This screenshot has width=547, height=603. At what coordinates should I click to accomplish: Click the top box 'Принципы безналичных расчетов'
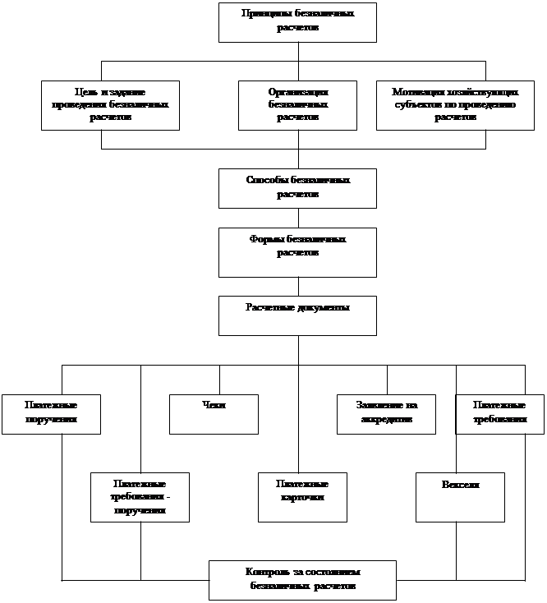(x=297, y=22)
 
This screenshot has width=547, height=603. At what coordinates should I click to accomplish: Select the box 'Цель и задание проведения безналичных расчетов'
(x=111, y=104)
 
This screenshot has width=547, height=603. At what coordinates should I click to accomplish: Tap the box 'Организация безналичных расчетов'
(x=297, y=104)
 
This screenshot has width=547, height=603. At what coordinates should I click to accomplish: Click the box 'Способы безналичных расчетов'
(x=297, y=188)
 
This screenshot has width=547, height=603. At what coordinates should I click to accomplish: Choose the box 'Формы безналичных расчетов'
(x=297, y=252)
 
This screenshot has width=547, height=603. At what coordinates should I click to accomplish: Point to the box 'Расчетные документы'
(x=297, y=315)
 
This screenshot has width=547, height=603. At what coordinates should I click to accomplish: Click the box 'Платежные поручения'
(x=51, y=414)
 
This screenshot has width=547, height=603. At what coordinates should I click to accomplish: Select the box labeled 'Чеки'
(x=214, y=414)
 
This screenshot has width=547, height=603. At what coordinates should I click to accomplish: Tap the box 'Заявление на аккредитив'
(x=386, y=414)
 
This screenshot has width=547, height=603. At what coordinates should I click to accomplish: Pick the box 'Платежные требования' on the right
(x=499, y=414)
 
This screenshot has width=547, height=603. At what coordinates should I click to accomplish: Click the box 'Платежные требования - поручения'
(x=140, y=497)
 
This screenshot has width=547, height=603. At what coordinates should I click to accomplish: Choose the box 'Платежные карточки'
(x=302, y=497)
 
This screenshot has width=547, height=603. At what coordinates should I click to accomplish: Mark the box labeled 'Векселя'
(x=460, y=497)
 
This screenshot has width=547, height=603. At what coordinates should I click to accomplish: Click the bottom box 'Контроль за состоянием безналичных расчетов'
(x=302, y=580)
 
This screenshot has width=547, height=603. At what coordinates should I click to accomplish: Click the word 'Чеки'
(x=214, y=405)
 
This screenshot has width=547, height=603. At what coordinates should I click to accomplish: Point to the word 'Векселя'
(x=460, y=486)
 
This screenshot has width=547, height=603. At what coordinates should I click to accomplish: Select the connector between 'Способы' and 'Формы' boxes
(x=298, y=218)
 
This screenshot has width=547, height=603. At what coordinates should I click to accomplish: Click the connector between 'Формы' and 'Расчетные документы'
(x=298, y=286)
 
